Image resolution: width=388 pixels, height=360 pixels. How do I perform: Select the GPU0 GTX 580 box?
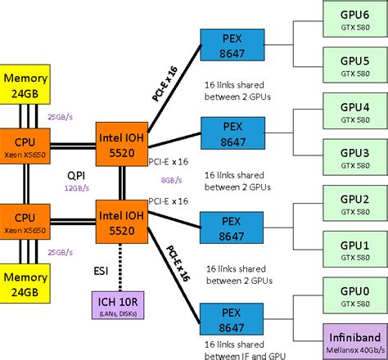[354, 295]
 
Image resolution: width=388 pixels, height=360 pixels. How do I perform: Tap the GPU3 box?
[354, 158]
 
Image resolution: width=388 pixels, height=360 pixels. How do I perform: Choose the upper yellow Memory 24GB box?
[26, 84]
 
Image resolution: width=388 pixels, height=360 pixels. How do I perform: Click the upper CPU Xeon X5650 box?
[26, 142]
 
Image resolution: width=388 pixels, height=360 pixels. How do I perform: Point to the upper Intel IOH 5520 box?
[121, 142]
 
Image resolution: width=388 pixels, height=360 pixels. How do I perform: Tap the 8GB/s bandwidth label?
[171, 180]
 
